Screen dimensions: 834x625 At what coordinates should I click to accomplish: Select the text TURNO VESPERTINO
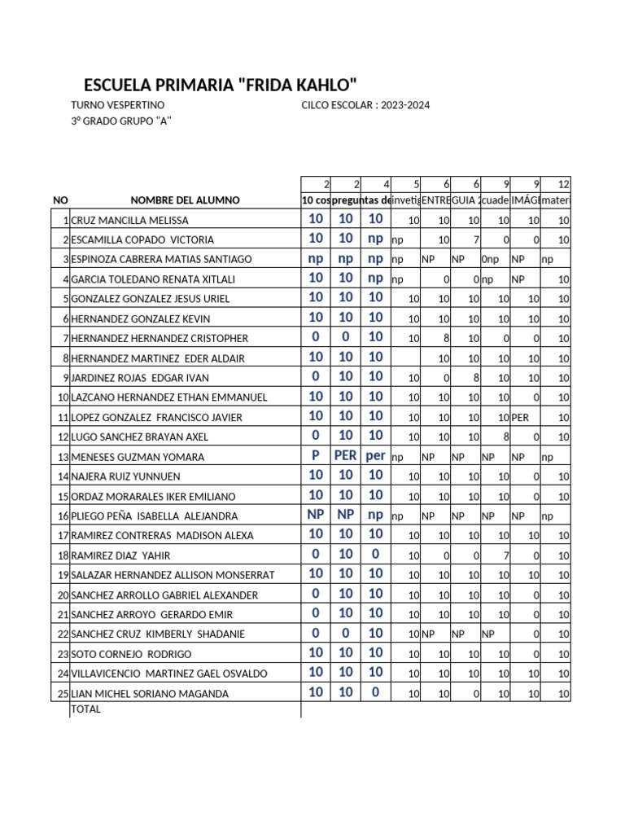(118, 106)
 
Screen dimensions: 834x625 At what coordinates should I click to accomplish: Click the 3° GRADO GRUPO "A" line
(121, 121)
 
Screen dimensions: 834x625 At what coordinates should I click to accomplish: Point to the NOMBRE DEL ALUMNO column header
(185, 200)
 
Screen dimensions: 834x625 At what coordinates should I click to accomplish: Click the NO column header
(60, 200)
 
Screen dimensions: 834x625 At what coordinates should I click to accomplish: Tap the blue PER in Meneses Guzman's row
(345, 456)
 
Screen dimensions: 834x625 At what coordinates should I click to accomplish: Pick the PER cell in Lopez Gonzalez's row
(521, 418)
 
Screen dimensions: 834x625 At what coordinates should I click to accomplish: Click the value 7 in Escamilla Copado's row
(478, 240)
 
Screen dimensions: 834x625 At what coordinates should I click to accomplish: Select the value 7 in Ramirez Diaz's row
(506, 556)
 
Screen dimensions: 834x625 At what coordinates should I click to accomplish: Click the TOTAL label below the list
(86, 709)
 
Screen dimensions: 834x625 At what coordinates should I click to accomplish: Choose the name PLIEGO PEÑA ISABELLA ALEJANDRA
(155, 516)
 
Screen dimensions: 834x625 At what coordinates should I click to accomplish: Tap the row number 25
(62, 694)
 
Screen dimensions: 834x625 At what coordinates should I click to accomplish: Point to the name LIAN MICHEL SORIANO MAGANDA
(150, 694)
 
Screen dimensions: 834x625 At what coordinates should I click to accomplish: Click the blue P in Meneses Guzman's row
(316, 456)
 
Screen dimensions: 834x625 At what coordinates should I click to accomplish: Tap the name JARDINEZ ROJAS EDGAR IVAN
(140, 378)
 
